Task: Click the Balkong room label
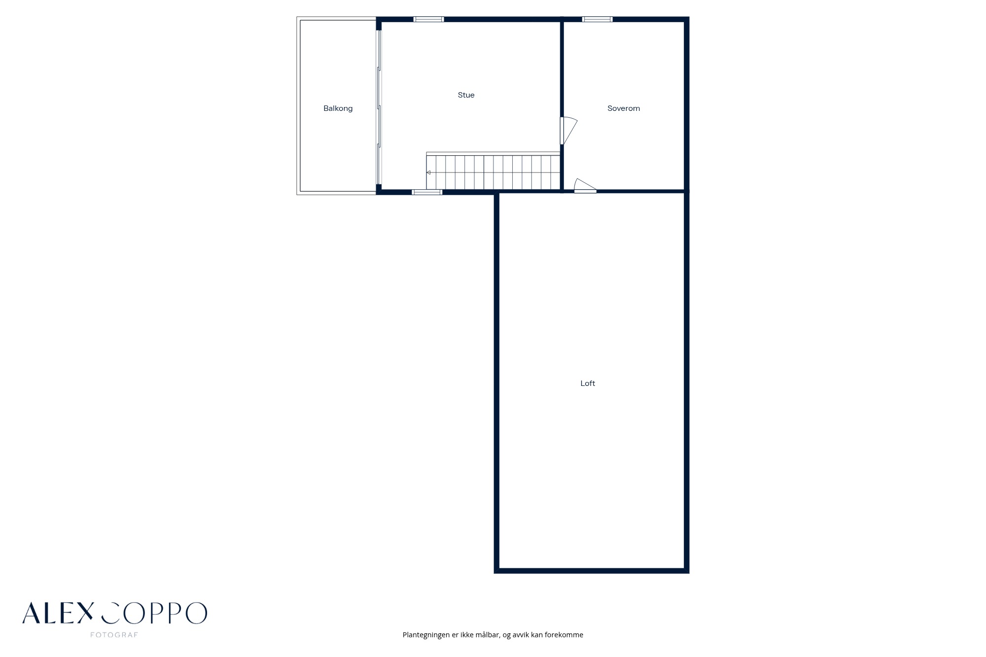point(338,108)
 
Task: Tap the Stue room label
point(466,95)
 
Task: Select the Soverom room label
point(624,108)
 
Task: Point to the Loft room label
point(588,383)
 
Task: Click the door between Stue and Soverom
point(568,131)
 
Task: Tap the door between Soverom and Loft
point(585,186)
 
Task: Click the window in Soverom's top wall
point(597,19)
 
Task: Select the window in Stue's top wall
point(428,19)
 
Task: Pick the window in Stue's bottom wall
point(427,192)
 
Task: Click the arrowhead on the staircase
point(428,173)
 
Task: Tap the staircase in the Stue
point(493,171)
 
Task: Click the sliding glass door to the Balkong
point(379,106)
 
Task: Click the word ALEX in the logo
point(58,613)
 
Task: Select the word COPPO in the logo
point(154,613)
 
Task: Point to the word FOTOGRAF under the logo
point(114,635)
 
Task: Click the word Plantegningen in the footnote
point(426,635)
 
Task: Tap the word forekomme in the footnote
point(564,635)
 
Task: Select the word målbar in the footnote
point(488,635)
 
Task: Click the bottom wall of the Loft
point(592,571)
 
